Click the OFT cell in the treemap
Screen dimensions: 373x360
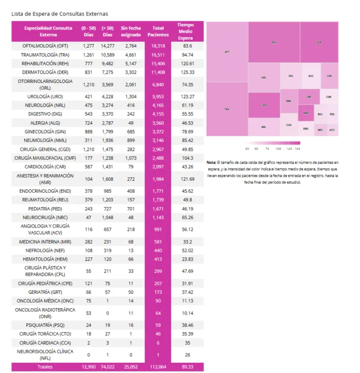pos(227,52)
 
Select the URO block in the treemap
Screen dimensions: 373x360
pos(264,105)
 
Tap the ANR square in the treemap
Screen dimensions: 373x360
pos(306,112)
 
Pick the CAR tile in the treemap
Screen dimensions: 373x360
pos(329,96)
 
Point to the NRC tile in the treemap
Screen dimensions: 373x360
pos(320,130)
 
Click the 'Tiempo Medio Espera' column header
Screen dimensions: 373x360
pos(186,31)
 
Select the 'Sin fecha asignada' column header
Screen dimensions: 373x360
pos(130,31)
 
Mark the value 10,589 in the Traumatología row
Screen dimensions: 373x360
pos(107,54)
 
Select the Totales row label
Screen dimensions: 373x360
pos(45,366)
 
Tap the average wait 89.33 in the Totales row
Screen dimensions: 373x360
pos(186,366)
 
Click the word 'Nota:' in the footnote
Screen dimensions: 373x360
pos(212,163)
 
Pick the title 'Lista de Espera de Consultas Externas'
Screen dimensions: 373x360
pos(60,13)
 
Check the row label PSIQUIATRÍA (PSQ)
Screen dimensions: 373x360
pos(45,325)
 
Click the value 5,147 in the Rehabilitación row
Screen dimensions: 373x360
pos(130,63)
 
